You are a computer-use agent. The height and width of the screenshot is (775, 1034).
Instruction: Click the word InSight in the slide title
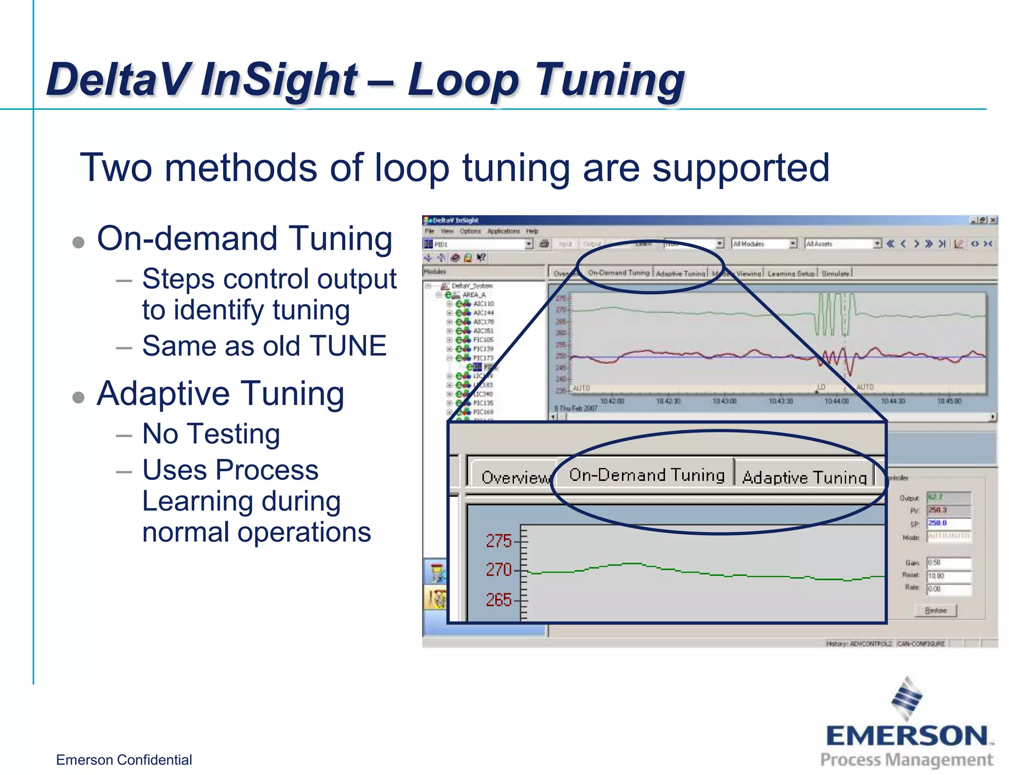point(279,79)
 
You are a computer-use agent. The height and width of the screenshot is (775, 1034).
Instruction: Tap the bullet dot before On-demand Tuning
point(78,242)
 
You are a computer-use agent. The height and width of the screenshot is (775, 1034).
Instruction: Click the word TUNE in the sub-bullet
point(348,346)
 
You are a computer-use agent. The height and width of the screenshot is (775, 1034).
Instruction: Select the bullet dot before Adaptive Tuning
point(78,397)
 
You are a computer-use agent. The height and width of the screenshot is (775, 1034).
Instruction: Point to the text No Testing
point(211,434)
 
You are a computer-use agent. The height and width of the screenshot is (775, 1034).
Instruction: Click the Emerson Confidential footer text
point(124,760)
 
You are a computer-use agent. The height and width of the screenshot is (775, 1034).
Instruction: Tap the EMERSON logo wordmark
point(907,736)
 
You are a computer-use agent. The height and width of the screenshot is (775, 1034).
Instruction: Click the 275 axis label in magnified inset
point(498,541)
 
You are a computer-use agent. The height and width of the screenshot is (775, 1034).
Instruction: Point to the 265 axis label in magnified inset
point(498,599)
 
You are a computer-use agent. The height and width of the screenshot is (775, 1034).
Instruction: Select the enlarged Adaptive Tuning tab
point(804,477)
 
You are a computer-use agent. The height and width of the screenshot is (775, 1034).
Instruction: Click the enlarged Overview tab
point(514,477)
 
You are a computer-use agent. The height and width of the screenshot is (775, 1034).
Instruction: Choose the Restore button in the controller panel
point(936,611)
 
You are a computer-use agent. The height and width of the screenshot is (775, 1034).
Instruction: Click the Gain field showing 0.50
point(948,563)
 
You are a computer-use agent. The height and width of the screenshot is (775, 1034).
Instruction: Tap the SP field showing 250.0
point(948,523)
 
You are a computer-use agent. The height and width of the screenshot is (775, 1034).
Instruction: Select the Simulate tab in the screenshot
point(835,273)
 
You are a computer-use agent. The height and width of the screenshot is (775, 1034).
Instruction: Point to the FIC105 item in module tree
point(483,340)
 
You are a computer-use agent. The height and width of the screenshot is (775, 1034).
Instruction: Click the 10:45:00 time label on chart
point(949,401)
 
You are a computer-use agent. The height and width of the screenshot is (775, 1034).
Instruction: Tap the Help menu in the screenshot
point(532,231)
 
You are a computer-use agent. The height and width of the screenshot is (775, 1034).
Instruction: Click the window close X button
point(993,220)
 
